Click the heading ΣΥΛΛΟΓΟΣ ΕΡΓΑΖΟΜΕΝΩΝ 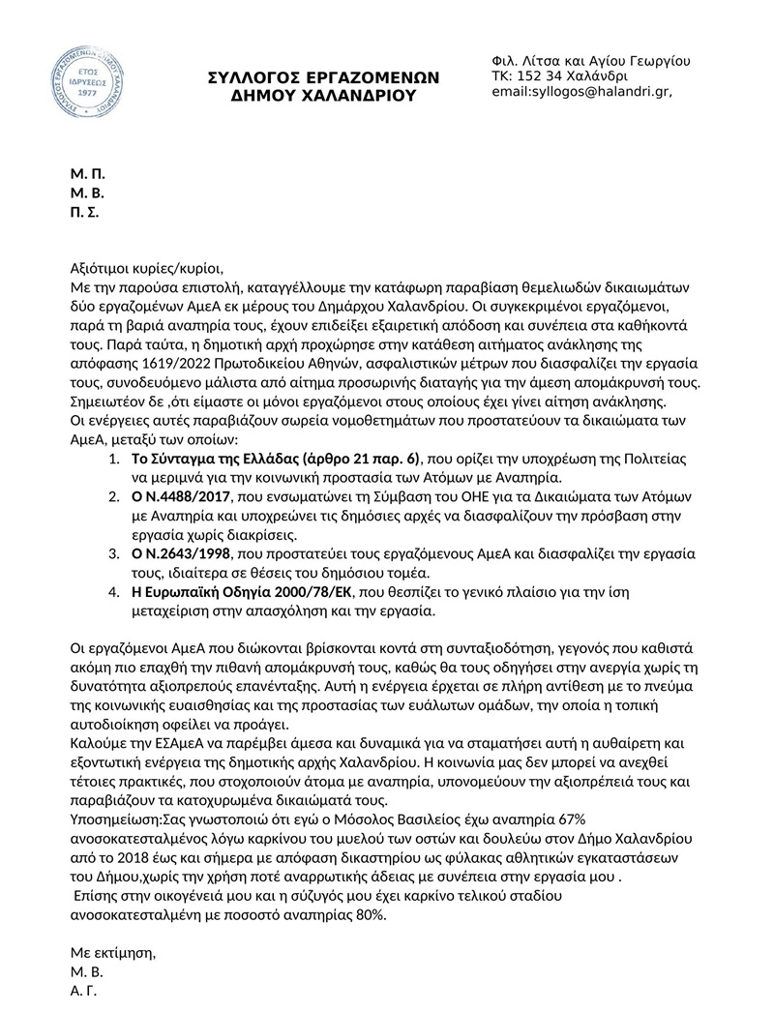tap(324, 77)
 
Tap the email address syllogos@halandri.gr tap(581, 92)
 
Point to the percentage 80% tap(372, 915)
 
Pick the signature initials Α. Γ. tap(83, 992)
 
